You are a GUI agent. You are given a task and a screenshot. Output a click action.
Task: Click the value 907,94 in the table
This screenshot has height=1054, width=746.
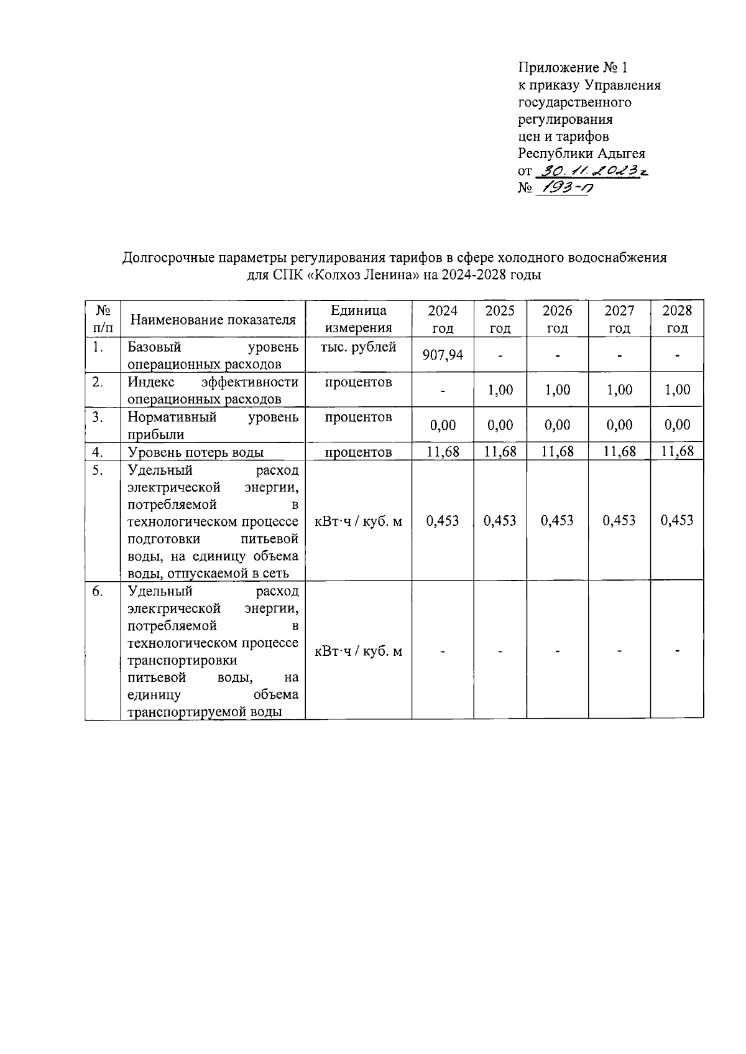tap(443, 355)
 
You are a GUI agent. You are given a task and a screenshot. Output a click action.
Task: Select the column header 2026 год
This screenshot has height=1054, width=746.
tap(557, 319)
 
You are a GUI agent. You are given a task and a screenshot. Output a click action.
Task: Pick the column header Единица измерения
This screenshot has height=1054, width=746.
tap(358, 319)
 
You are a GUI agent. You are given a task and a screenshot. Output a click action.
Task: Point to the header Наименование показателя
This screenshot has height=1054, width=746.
tap(213, 320)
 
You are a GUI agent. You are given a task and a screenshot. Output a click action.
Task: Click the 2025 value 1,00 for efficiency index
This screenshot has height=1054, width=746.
tap(500, 390)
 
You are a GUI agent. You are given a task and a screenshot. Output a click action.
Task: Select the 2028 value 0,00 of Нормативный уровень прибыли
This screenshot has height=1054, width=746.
tap(677, 424)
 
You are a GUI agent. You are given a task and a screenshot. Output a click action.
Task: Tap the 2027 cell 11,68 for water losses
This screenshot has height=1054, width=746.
tap(619, 452)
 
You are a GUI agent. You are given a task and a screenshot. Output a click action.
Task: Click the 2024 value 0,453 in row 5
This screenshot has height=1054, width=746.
tap(443, 521)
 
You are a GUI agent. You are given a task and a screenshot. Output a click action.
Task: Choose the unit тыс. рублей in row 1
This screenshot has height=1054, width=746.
tap(358, 347)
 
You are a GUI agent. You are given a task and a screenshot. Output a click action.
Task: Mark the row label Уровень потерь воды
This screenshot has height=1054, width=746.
tap(195, 452)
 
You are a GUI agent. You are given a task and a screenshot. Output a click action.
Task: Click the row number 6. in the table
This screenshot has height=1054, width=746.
tap(97, 591)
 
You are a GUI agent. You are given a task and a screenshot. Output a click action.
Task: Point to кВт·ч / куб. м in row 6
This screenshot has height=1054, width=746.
tap(358, 651)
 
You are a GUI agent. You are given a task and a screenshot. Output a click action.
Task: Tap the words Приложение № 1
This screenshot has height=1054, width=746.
tap(573, 67)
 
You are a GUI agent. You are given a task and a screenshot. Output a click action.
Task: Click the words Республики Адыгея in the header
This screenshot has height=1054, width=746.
tap(581, 153)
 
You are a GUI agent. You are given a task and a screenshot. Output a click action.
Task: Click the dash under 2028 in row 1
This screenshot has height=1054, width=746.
tap(677, 356)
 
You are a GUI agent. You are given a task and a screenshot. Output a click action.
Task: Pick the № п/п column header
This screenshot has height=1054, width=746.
tap(103, 319)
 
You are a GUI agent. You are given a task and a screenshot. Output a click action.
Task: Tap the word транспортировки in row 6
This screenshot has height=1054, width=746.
tap(182, 660)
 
